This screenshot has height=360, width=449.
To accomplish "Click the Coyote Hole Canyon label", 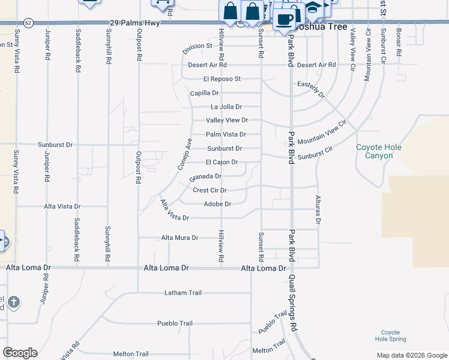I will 378,151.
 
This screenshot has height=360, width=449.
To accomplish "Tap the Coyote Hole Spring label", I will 390,335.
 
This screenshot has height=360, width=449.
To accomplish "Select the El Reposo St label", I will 221,79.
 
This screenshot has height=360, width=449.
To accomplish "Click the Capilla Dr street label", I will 204,93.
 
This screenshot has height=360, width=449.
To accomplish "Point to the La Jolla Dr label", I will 226,107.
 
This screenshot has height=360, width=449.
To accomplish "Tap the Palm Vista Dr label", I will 226,134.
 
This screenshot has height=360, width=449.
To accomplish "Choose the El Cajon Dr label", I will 221,162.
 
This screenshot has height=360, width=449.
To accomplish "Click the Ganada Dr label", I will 205,177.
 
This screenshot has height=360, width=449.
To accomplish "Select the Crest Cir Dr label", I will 209,190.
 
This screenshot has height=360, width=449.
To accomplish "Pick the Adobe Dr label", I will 217,204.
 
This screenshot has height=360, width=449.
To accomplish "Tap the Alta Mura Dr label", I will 179,238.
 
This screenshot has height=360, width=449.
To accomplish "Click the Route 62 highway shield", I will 29,22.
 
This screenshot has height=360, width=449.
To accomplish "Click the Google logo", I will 20,353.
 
